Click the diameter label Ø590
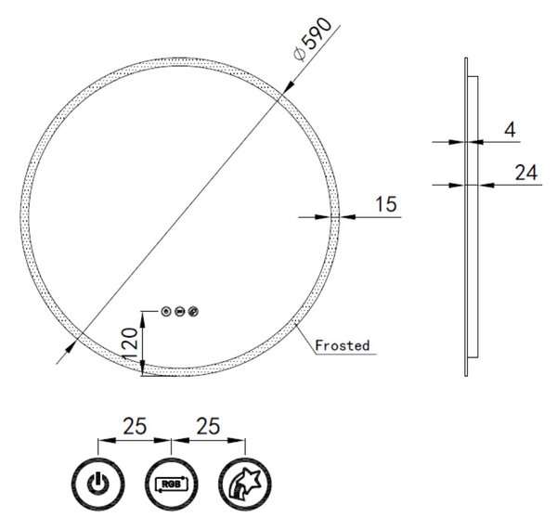(x=313, y=39)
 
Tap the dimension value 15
(x=386, y=204)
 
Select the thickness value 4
(x=510, y=130)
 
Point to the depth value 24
(x=526, y=173)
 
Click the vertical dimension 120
(x=129, y=343)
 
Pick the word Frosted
(x=343, y=345)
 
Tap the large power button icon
(x=98, y=485)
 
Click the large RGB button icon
(x=172, y=485)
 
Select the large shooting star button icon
(x=245, y=485)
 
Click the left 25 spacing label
(x=135, y=426)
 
